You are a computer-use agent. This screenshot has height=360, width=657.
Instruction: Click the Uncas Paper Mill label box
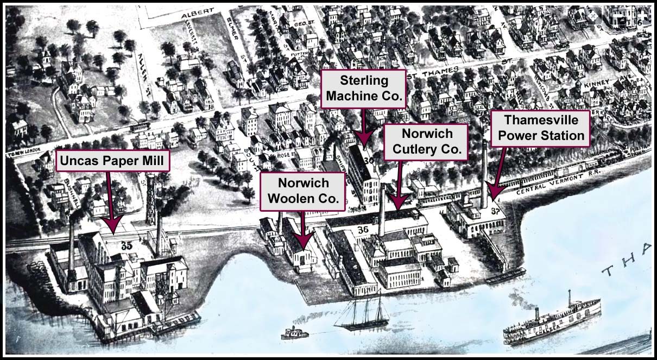click(113, 161)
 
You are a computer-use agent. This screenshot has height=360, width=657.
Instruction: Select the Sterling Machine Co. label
click(364, 89)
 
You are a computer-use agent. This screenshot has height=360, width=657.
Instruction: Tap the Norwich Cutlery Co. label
click(426, 141)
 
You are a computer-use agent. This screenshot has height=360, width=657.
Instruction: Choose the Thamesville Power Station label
click(540, 128)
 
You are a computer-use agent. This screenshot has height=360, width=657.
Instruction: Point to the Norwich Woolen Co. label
click(302, 192)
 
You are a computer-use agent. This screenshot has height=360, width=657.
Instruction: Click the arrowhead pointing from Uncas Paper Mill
click(113, 224)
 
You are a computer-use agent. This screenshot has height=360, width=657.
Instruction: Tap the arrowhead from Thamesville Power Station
click(493, 192)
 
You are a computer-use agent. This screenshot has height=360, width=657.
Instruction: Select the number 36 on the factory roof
click(363, 230)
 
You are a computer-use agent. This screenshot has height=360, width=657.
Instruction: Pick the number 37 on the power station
click(494, 211)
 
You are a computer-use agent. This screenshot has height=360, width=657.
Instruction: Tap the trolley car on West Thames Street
click(141, 126)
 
